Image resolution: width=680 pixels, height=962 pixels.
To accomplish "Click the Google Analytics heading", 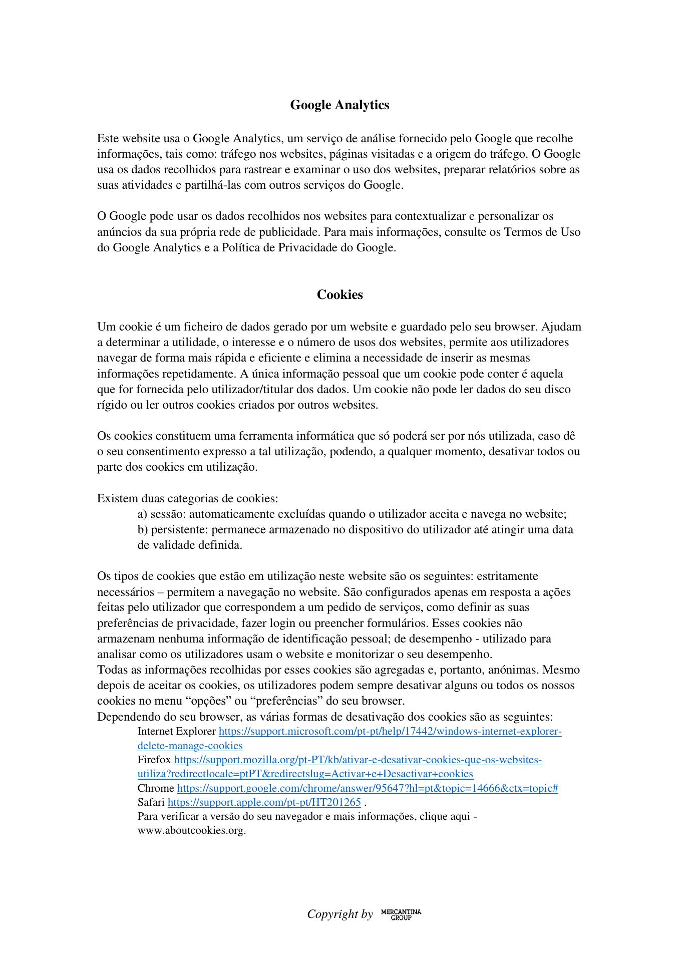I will (339, 105).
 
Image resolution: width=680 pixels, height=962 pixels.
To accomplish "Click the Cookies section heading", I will (339, 294).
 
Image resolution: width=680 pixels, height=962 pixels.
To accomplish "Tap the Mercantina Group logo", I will (401, 914).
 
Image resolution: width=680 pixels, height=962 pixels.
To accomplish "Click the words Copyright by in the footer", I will (340, 914).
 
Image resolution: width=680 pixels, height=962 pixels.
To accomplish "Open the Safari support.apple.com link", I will (264, 802).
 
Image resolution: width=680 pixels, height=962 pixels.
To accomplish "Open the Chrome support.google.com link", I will (368, 788).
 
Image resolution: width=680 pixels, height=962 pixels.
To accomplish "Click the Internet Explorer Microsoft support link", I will (390, 732).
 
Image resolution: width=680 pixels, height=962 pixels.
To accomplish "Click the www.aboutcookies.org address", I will (192, 830).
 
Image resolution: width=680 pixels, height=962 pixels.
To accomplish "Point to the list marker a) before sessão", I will (142, 514).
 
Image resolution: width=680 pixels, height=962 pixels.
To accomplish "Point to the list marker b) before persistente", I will (143, 530).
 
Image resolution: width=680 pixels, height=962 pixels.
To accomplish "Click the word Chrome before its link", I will (156, 788).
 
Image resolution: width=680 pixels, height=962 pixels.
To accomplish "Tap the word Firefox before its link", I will (154, 760).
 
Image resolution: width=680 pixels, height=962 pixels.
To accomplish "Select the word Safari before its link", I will (151, 802).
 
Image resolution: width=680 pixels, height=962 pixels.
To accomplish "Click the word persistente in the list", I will (179, 530).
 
